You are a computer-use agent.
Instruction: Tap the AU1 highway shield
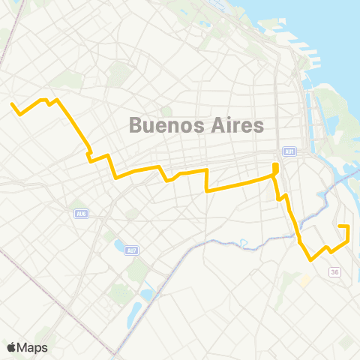[290, 151]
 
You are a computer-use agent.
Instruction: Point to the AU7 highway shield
[132, 250]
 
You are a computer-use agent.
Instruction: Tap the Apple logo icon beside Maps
[12, 347]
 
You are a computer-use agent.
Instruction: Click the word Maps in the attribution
[33, 347]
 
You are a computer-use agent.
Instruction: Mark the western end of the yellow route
[12, 105]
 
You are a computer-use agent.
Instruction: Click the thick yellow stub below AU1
[276, 168]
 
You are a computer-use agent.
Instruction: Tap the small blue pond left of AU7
[118, 245]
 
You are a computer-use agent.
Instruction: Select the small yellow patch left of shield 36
[304, 280]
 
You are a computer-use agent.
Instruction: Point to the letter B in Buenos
[136, 124]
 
